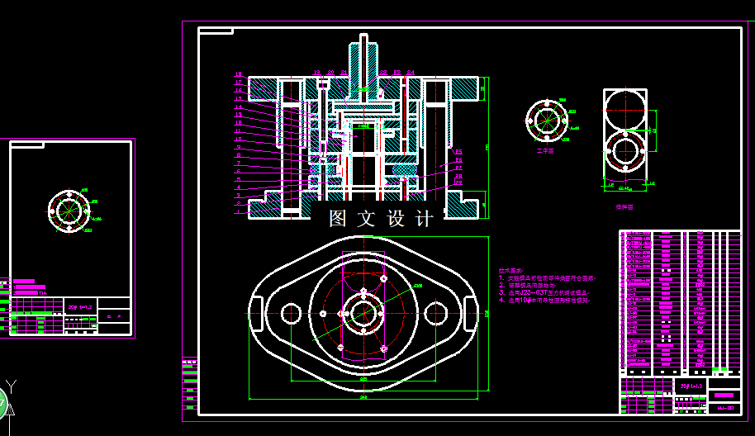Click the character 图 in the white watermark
[338, 219]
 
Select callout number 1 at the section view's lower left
[238, 212]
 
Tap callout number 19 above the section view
[317, 73]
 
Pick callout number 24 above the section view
[411, 73]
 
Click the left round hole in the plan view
[291, 314]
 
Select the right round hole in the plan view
[438, 314]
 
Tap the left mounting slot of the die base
[256, 314]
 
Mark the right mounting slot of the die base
[472, 314]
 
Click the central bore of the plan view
[364, 314]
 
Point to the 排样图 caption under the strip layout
[624, 208]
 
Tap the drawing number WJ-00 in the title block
[726, 408]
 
